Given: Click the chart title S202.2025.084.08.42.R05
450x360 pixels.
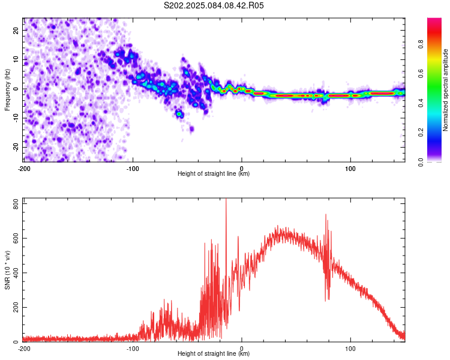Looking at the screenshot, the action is pos(214,5).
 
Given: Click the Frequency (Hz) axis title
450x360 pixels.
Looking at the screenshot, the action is pos(7,90).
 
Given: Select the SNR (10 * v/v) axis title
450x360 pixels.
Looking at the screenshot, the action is pos(7,270).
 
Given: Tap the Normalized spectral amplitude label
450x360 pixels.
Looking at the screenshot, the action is pos(445,90).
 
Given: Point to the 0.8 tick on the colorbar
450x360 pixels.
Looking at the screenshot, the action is pos(421,44).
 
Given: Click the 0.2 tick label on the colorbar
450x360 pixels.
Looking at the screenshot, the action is pos(421,133).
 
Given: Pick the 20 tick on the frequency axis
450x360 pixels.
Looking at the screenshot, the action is pos(16,30).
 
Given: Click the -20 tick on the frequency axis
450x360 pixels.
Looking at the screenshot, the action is pos(16,147).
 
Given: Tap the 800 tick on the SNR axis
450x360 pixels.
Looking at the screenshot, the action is pos(16,204).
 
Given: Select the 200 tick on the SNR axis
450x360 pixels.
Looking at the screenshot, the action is pos(16,307).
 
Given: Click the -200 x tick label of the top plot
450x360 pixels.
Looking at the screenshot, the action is pos(24,169).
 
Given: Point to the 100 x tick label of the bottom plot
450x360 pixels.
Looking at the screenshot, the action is pos(350,349).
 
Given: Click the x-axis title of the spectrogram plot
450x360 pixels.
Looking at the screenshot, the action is pos(214,173).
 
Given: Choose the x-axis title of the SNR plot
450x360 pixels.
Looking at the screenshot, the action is pos(214,353).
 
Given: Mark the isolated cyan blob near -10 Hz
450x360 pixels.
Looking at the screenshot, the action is pos(179,114).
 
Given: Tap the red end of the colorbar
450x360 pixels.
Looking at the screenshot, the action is pos(434,20).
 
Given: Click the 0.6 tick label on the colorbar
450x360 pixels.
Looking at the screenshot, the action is pos(421,74).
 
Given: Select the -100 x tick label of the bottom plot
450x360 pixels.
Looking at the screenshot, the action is pos(133,349).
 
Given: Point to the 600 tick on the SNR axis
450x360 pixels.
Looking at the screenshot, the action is pos(16,239).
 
